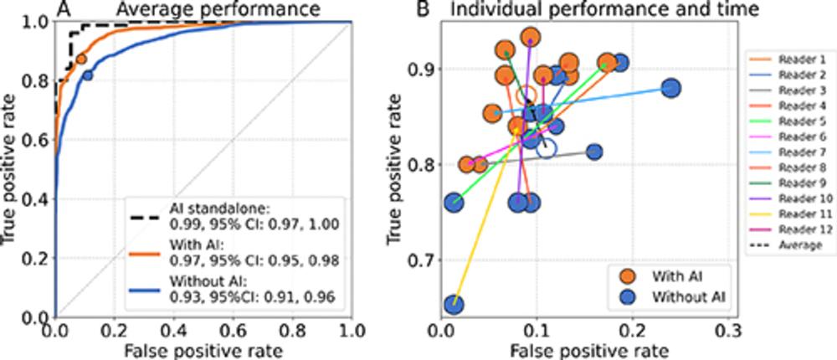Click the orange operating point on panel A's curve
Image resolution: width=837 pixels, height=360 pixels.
pos(81,59)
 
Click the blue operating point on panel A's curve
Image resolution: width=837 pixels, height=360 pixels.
pos(88,75)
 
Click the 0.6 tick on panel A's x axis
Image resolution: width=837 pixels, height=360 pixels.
pos(234,327)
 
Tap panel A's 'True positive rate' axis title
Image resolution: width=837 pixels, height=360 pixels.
pos(11,167)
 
